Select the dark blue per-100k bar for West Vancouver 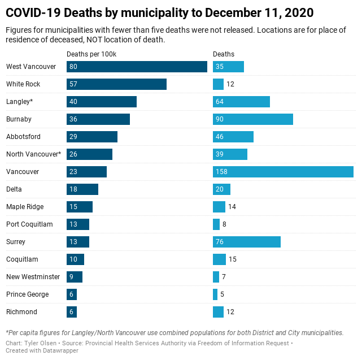coord(137,67)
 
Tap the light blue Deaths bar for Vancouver coord(283,172)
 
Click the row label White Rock coord(23,84)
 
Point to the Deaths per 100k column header coord(91,54)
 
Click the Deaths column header coord(223,54)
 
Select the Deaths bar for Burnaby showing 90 coord(252,119)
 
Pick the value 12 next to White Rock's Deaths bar coord(230,84)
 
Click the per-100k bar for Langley coord(102,102)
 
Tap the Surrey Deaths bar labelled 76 coord(246,242)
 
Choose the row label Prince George coord(27,294)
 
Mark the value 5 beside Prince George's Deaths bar coord(222,294)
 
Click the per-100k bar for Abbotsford coord(92,137)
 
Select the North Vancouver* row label coord(33,154)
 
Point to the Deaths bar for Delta coord(221,189)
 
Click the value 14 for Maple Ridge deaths coord(232,207)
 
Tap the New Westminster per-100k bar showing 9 coord(75,277)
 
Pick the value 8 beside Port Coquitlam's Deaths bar coord(224,224)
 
